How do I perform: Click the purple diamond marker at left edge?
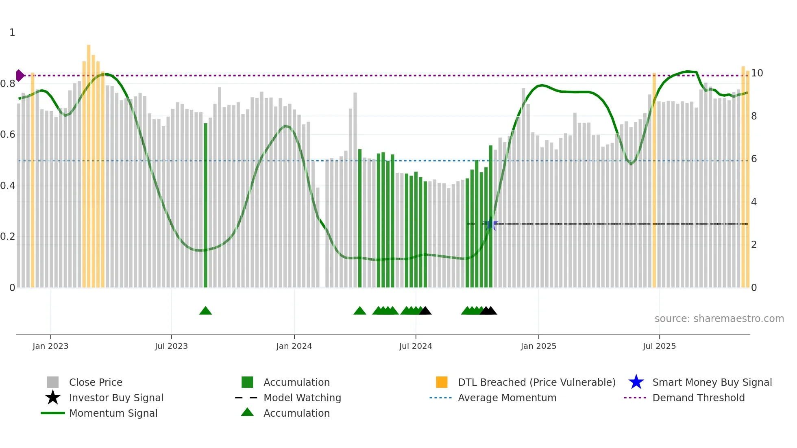coord(20,76)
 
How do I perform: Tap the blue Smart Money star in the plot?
coord(491,224)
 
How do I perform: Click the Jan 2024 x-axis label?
coord(294,346)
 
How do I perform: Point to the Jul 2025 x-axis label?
coord(659,346)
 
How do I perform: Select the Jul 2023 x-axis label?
coord(171,346)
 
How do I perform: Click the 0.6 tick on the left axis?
coord(8,135)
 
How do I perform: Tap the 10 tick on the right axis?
coord(757,73)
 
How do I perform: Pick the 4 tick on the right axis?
coord(754,202)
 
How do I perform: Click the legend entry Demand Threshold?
coord(698,398)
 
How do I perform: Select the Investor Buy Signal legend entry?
coord(116,398)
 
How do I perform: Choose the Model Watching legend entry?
coord(302,398)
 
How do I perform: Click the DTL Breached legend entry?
coord(536,383)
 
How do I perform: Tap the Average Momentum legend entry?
coord(507,398)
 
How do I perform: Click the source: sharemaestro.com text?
coord(719,319)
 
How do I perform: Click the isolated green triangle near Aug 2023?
coord(205,311)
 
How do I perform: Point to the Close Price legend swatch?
coord(53,383)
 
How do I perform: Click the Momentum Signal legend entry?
coord(113,413)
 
